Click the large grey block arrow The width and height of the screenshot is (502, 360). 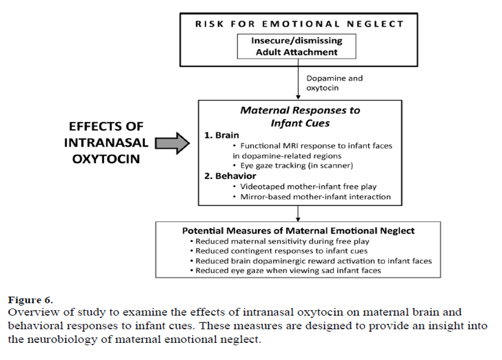(x=173, y=143)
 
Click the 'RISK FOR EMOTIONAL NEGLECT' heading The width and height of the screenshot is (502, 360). (x=299, y=24)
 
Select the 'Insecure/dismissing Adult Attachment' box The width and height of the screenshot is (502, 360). (x=297, y=47)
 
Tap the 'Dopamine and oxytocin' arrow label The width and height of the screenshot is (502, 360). (x=334, y=83)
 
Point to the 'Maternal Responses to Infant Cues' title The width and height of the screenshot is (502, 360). (x=300, y=116)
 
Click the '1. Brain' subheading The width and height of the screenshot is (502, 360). (x=221, y=135)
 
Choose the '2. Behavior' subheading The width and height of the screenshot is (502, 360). (x=230, y=176)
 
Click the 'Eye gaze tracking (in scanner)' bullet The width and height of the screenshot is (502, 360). (x=293, y=165)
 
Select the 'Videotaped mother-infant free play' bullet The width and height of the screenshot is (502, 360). (x=305, y=187)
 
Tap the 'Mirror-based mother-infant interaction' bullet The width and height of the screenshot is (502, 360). (x=312, y=197)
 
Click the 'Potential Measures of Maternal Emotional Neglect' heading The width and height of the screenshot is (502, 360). (x=298, y=230)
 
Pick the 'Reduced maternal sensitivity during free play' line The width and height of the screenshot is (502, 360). (x=280, y=241)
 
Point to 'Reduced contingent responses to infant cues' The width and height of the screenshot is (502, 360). (x=278, y=251)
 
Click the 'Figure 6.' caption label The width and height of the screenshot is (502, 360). (x=30, y=300)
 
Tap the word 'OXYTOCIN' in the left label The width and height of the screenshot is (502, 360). (x=106, y=159)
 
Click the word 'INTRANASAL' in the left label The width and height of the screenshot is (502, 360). (x=106, y=142)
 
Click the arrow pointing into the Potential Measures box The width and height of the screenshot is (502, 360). (x=298, y=213)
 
